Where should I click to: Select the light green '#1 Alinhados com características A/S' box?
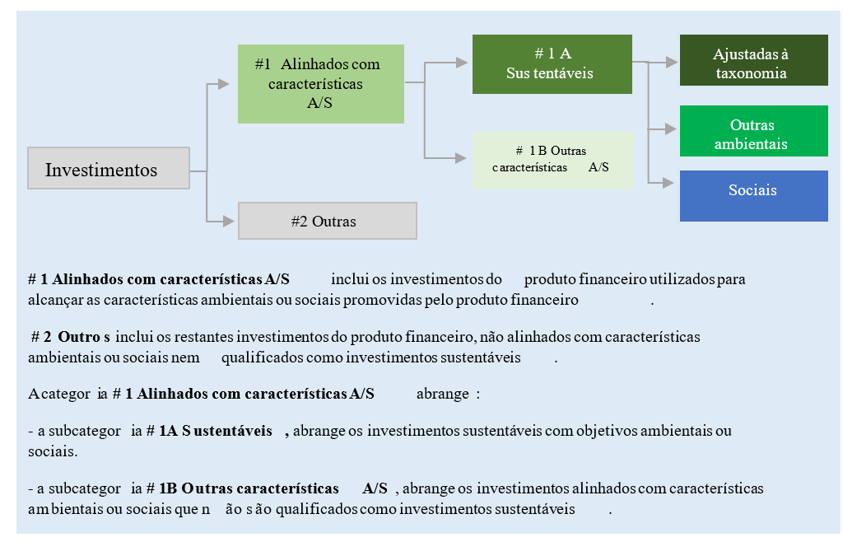[x=320, y=83]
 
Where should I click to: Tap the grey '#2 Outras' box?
[x=327, y=221]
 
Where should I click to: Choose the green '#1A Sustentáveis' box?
[x=552, y=63]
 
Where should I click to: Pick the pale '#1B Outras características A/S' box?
[x=552, y=159]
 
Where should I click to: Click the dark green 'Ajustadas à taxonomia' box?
[x=753, y=60]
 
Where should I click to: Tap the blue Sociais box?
[x=753, y=195]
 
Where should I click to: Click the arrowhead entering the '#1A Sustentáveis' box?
[x=464, y=62]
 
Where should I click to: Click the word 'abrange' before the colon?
[x=443, y=394]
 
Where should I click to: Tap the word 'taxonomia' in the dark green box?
[x=753, y=73]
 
